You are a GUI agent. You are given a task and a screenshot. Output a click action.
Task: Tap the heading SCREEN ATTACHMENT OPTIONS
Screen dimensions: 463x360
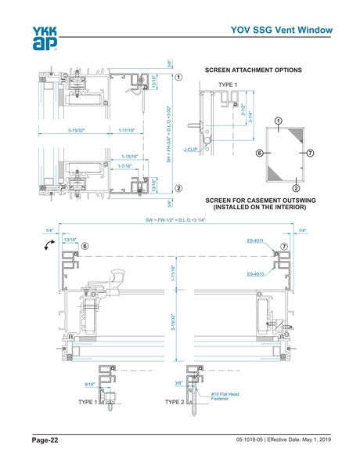click(x=253, y=71)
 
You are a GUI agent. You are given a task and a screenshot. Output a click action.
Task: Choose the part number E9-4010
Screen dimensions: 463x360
click(x=256, y=274)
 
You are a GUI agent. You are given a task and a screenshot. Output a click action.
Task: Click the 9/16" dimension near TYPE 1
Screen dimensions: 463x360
click(x=89, y=384)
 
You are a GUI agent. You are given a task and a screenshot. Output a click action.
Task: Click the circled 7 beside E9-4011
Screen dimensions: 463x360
click(x=284, y=246)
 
